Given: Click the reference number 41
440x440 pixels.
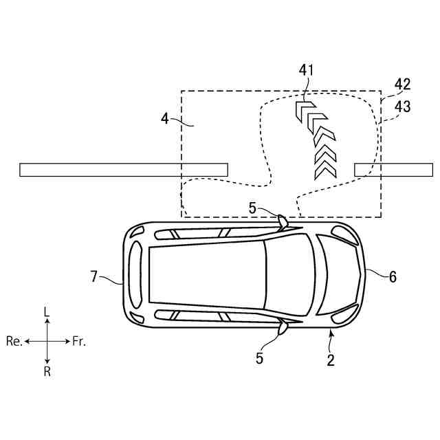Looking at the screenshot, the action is [306, 70].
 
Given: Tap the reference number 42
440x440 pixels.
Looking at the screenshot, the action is [403, 85].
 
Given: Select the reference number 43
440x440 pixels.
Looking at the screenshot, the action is [403, 107].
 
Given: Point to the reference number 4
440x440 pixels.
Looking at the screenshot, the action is [165, 118].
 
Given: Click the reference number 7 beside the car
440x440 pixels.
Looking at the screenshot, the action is [94, 276].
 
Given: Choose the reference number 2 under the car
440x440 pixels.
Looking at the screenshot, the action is [331, 360].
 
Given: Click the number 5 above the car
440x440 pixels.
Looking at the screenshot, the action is [252, 207].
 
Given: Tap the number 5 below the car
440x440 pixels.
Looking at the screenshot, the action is [259, 358].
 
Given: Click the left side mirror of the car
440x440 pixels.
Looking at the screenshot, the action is [283, 220].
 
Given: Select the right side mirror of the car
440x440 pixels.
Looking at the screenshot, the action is [283, 329].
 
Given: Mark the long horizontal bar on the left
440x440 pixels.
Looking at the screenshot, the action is [124, 169].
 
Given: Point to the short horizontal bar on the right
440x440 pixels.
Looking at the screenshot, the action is [384, 169].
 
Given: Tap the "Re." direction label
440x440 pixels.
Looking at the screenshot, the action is [14, 341].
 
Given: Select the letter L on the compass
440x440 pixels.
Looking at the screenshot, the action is [47, 312].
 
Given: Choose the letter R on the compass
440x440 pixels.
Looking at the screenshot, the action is [47, 371].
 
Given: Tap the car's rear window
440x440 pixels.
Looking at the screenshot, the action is [136, 275].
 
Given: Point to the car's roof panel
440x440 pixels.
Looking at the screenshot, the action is [206, 275].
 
